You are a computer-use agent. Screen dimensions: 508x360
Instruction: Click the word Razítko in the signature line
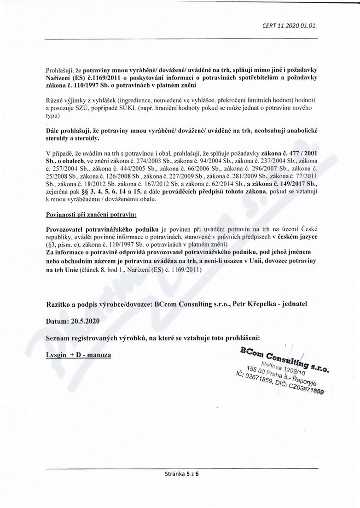[x=58, y=304]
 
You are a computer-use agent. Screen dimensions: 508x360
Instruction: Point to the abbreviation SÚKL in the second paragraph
[x=151, y=108]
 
